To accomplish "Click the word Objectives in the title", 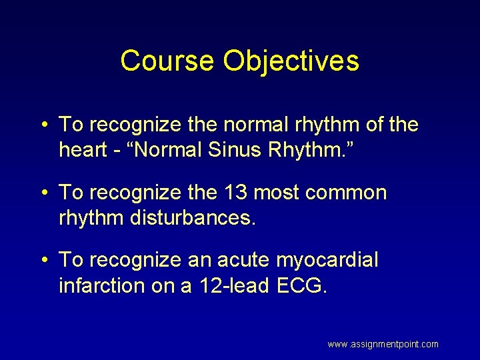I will pos(291,61).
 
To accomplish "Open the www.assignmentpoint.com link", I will pos(383,344).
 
